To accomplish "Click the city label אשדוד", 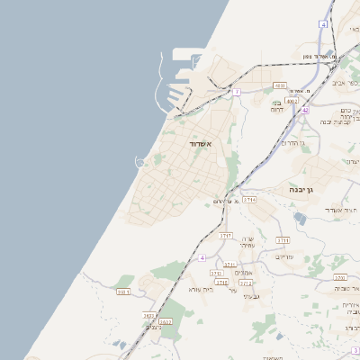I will tap(200, 144).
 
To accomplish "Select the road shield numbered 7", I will tap(237, 92).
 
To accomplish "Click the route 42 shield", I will tap(305, 110).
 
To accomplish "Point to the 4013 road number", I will tap(280, 86).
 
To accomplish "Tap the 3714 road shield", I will tap(249, 199).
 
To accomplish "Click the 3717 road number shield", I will tap(227, 235).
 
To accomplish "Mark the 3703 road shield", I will tap(340, 277).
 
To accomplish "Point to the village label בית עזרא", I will tap(201, 289).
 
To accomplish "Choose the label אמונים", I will tap(255, 273).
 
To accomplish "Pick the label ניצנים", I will tap(154, 327).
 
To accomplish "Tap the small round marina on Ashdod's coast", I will tap(139, 162).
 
